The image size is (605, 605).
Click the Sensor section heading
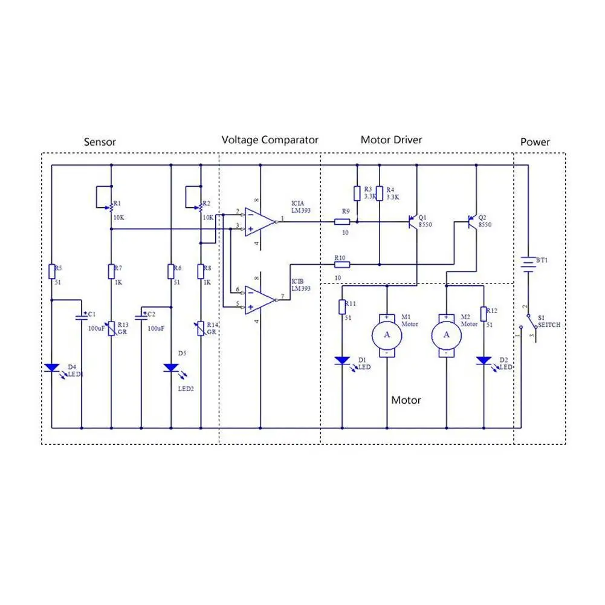click(100, 142)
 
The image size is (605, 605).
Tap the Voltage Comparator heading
click(270, 140)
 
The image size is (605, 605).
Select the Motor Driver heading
click(391, 140)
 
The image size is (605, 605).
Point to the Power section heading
click(535, 142)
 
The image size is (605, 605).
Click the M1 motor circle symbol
click(387, 334)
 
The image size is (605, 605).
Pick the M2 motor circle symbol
click(447, 334)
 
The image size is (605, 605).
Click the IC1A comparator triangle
click(259, 222)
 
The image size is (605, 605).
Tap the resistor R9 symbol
click(342, 222)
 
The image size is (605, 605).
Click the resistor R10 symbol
click(342, 264)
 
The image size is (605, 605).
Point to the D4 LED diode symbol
click(51, 367)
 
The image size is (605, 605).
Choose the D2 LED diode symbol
click(484, 361)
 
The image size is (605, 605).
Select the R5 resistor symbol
click(51, 271)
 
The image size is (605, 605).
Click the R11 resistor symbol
click(342, 307)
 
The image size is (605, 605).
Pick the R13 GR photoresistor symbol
click(111, 329)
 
